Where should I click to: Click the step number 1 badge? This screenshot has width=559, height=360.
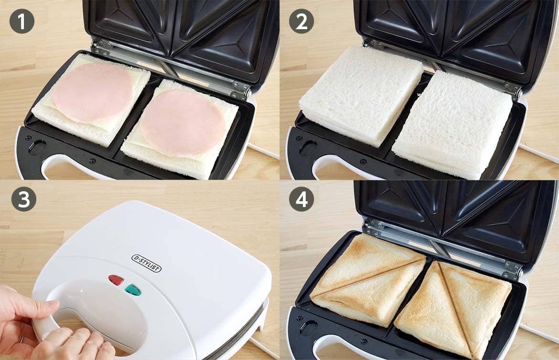[x=22, y=22]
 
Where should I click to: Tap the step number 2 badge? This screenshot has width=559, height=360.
[x=301, y=22]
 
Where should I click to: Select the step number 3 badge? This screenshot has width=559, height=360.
[x=23, y=199]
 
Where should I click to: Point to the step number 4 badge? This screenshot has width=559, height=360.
[x=301, y=199]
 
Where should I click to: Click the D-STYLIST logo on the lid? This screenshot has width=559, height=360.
[x=147, y=263]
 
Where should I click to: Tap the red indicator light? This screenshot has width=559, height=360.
[x=116, y=280]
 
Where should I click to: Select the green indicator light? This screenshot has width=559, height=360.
[x=133, y=290]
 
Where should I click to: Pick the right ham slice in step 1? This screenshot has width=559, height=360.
[x=183, y=122]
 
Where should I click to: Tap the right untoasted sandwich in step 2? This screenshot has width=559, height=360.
[x=453, y=125]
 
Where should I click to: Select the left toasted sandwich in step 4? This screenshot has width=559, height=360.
[x=368, y=280]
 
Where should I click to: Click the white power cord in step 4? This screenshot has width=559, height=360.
[x=538, y=332]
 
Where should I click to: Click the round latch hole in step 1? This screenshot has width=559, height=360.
[x=37, y=147]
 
